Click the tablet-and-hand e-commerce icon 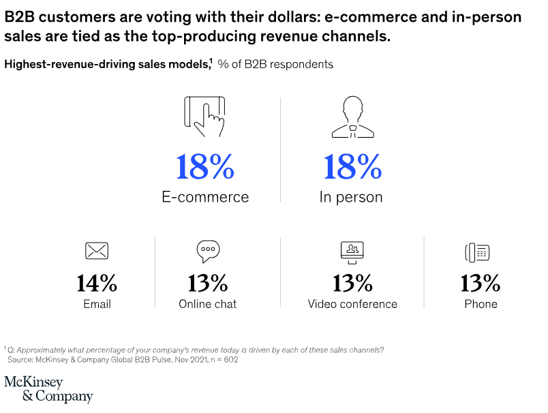coord(204,118)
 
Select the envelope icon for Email coord(97,251)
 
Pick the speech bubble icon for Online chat coord(207,251)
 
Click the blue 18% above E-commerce coord(205,167)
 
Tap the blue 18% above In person coord(351,167)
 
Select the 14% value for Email coord(97,282)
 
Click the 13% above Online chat coord(207,282)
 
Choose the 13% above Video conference coord(352,282)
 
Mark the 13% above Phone coord(481,282)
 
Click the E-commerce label coord(205,198)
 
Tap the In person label coord(351,198)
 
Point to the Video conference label coord(352,304)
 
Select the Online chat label coord(207,304)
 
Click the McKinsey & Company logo coord(48,389)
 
